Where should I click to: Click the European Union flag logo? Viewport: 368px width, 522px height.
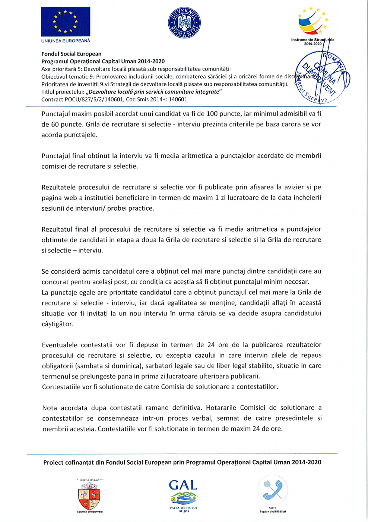(66, 22)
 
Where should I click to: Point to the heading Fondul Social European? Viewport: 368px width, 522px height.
(71, 54)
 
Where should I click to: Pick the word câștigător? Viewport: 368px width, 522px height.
(57, 324)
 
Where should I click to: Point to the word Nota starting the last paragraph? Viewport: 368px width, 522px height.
(50, 408)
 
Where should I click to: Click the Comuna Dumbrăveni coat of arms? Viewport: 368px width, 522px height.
(89, 496)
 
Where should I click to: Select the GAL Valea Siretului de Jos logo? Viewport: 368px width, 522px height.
(183, 496)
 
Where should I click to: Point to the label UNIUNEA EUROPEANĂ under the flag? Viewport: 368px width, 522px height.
(66, 41)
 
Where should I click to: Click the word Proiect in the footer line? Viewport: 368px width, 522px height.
(53, 462)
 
